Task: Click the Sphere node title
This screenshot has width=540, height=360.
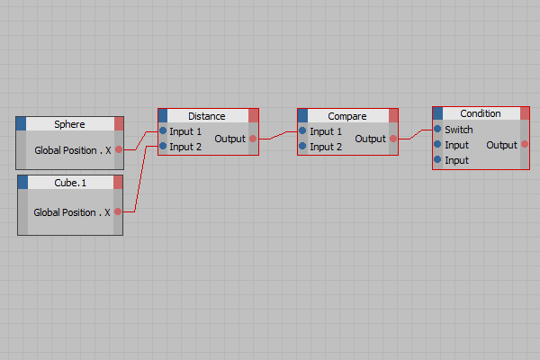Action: (69, 124)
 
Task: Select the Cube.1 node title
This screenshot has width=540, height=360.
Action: (70, 183)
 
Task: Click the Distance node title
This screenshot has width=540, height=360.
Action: (207, 116)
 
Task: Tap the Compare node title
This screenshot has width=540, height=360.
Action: (347, 116)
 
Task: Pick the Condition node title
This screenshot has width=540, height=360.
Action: (481, 113)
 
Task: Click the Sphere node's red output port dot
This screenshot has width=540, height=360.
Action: (119, 149)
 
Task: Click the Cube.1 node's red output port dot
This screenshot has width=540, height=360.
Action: (118, 211)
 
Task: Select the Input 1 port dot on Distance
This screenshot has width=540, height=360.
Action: (163, 130)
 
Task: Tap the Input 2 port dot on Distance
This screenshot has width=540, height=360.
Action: (163, 146)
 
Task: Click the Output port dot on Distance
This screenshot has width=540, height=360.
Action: (253, 139)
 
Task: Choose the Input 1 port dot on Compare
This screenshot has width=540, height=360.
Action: (302, 130)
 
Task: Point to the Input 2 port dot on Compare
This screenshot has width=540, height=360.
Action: (302, 146)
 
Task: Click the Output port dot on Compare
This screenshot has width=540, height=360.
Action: (393, 139)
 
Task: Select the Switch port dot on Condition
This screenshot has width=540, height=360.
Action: (437, 129)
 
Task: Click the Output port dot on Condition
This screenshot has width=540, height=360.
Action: (525, 144)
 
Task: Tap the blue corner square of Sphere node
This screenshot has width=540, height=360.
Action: (21, 123)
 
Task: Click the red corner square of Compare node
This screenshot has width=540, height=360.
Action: (393, 116)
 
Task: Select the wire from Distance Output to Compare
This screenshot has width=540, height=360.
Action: (278, 135)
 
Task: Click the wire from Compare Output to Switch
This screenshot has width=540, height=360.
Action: (415, 135)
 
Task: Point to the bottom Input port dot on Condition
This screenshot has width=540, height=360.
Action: (437, 159)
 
